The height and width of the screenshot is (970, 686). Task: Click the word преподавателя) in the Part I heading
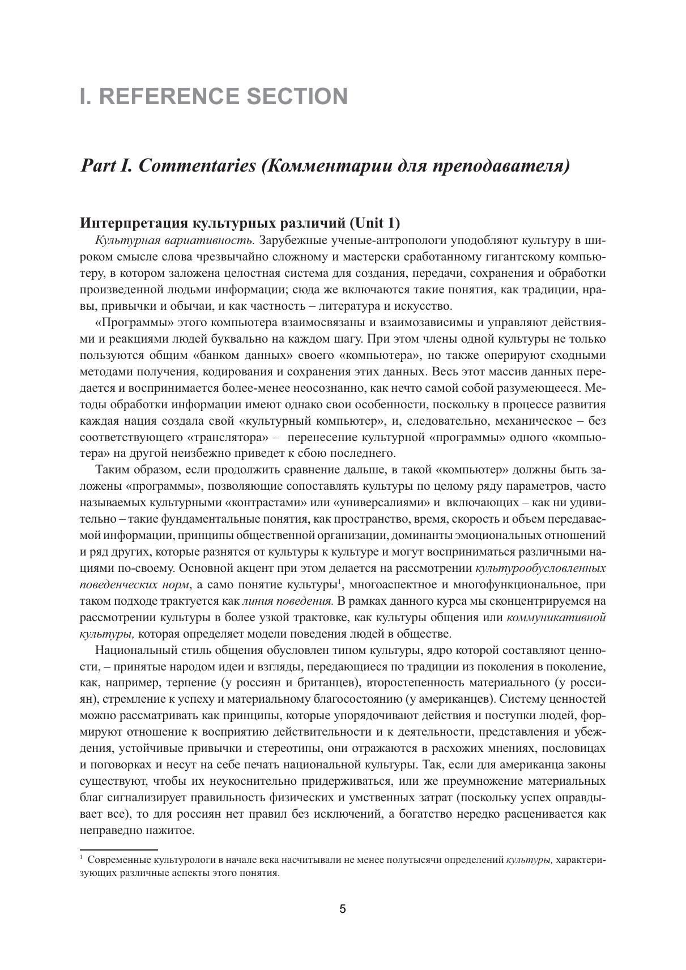coord(501,166)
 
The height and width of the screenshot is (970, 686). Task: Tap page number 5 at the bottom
coord(343,909)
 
